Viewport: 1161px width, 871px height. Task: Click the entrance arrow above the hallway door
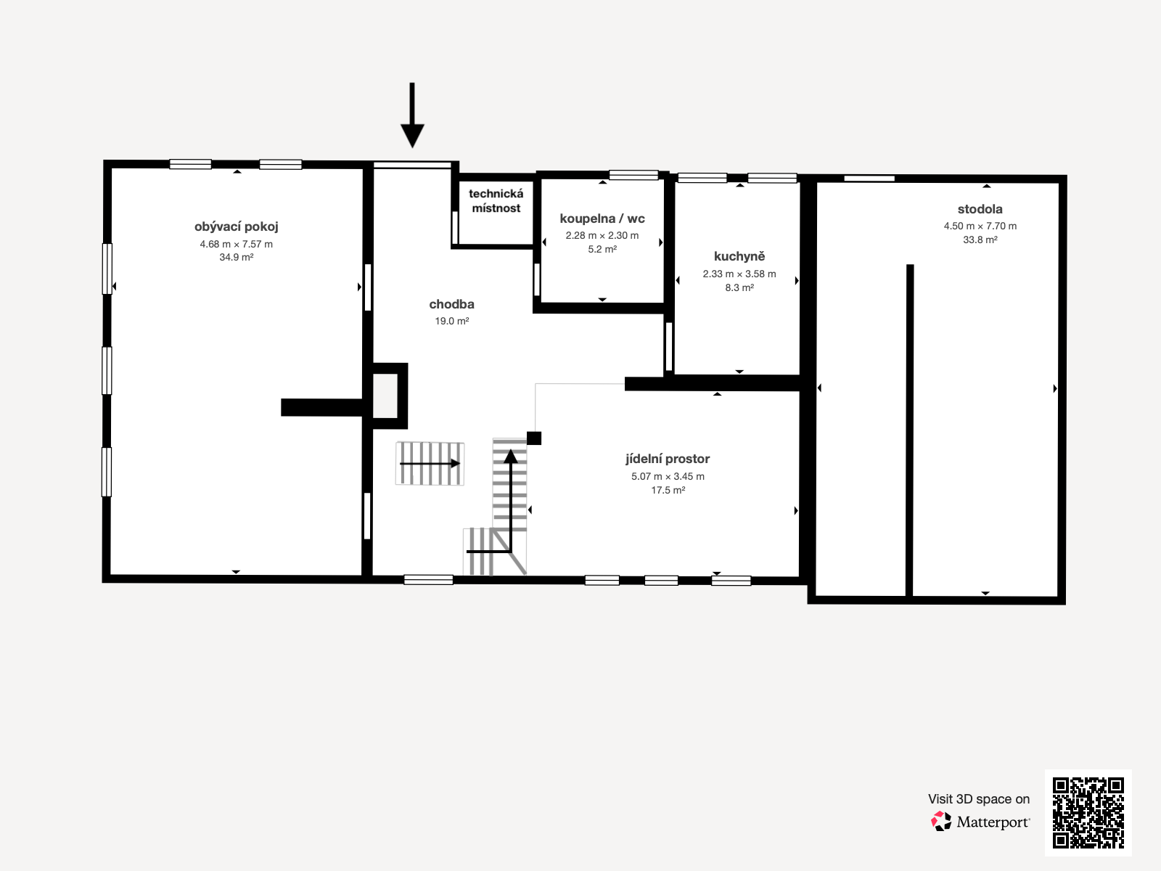(x=412, y=116)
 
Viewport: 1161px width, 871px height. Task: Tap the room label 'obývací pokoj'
(x=237, y=226)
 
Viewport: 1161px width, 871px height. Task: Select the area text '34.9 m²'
(x=237, y=258)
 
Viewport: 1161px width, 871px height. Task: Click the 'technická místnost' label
(x=496, y=201)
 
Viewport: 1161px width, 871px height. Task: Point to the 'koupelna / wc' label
(x=602, y=218)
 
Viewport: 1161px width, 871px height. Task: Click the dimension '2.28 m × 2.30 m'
(x=602, y=236)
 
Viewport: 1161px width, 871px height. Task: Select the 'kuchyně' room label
(x=739, y=256)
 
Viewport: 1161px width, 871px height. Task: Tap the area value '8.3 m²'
(x=739, y=288)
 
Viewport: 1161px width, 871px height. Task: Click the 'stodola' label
(x=980, y=209)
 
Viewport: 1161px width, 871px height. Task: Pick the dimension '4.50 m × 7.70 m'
(x=980, y=226)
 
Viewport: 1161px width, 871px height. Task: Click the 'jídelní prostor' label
(x=668, y=459)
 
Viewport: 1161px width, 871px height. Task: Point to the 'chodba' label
(x=451, y=304)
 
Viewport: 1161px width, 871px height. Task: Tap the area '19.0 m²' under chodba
(x=451, y=322)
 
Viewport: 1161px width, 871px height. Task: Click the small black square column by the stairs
(x=534, y=438)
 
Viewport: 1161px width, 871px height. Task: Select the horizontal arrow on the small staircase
(x=430, y=463)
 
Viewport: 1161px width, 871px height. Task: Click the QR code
(x=1088, y=813)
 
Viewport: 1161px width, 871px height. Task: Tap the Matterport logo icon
(x=941, y=822)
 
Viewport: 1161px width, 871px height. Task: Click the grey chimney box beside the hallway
(x=385, y=396)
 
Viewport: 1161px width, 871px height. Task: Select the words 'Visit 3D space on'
(x=978, y=799)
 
